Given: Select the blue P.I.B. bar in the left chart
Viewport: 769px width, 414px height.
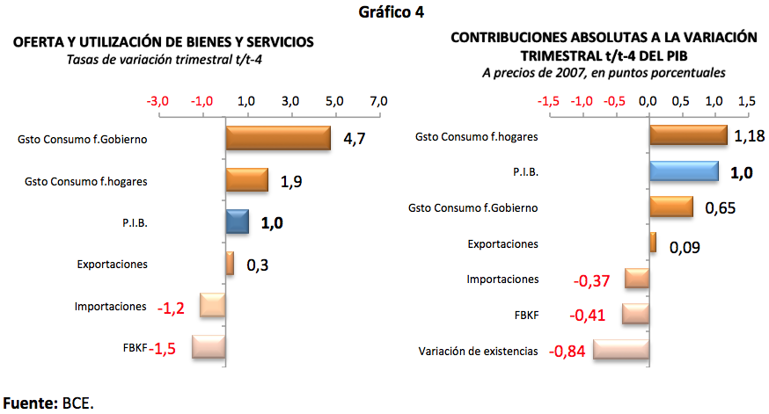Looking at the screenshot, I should tap(238, 222).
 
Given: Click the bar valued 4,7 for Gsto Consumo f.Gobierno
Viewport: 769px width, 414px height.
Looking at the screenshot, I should tap(278, 138).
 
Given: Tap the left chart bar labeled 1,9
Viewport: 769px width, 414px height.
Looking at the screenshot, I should tap(247, 180).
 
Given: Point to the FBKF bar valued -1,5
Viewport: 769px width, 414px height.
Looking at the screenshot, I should tap(209, 347).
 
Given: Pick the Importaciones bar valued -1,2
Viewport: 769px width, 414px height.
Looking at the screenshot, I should tap(213, 305).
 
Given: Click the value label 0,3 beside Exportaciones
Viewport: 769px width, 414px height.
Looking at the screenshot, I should tap(257, 265).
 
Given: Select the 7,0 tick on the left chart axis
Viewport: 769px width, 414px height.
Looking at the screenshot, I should tap(378, 101).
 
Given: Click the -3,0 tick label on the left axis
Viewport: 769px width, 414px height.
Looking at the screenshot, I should tap(157, 101).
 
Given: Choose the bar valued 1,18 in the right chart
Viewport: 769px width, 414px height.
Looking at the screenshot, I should tap(688, 135).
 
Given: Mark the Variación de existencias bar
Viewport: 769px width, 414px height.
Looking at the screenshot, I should tap(621, 350).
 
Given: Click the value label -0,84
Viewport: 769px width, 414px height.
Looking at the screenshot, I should tap(568, 352).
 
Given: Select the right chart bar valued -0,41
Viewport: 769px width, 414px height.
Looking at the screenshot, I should tap(635, 314).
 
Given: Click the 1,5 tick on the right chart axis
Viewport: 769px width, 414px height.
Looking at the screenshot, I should tap(746, 101).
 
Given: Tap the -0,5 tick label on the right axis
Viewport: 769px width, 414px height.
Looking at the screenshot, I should tap(614, 101).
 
